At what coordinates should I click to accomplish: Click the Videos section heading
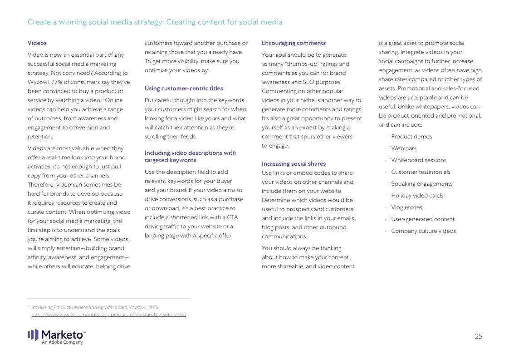click(37, 43)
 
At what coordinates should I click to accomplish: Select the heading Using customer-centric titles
click(184, 89)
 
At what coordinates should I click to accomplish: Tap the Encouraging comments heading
click(294, 43)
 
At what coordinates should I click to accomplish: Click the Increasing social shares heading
click(294, 164)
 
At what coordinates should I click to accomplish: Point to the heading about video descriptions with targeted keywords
click(190, 157)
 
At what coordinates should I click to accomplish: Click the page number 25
click(479, 336)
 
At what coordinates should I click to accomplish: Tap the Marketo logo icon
click(33, 335)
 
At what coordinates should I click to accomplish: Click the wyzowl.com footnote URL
click(108, 315)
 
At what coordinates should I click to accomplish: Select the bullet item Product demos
click(411, 137)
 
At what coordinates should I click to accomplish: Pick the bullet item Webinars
click(404, 148)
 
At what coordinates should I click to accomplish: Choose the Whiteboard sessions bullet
click(419, 160)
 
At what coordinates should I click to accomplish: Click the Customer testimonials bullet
click(421, 172)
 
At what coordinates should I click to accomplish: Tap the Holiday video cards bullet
click(417, 196)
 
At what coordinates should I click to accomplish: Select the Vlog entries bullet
click(406, 207)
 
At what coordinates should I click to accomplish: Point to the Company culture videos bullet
click(423, 231)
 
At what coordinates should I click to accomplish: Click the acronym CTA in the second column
click(232, 217)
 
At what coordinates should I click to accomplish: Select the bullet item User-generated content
click(423, 219)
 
